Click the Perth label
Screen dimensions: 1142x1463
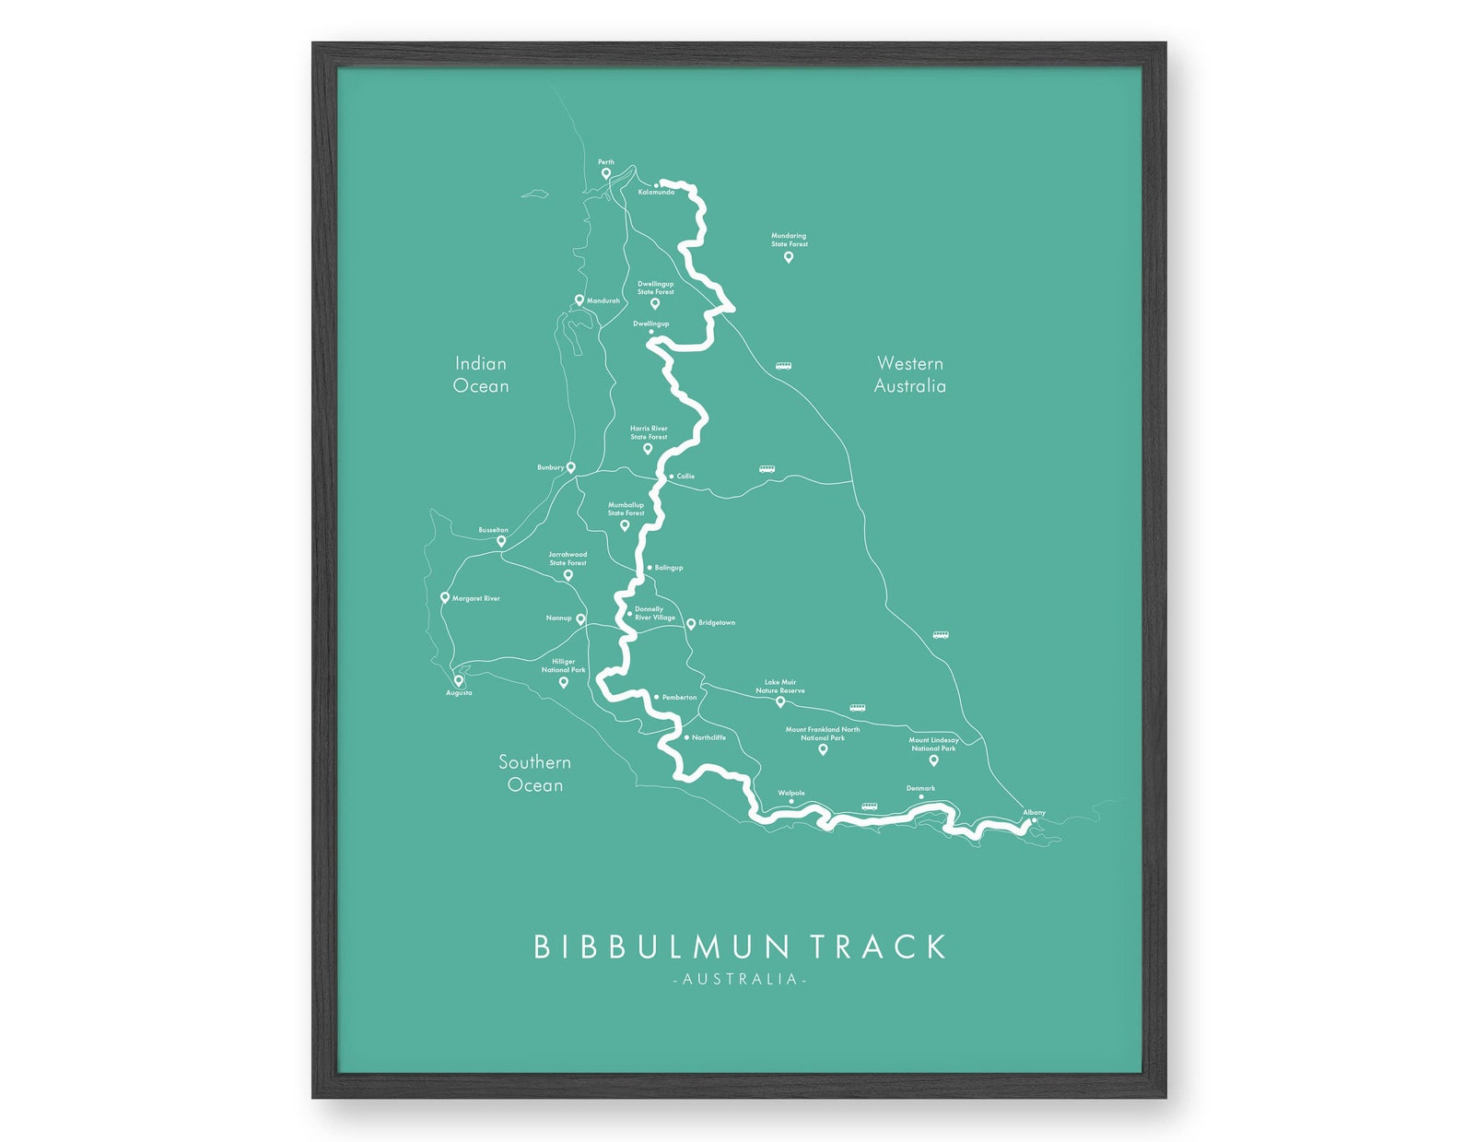[605, 162]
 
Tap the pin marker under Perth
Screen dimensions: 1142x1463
[606, 173]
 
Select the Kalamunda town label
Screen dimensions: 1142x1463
[656, 193]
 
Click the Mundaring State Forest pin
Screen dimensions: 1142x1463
[789, 257]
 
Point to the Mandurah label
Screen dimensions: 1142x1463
[603, 300]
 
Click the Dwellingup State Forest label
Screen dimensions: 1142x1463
[656, 288]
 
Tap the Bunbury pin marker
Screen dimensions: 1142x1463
[570, 467]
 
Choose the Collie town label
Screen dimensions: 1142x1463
[685, 477]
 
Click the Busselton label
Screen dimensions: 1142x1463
[493, 530]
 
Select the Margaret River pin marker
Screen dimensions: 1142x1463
[445, 597]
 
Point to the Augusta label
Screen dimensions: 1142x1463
[459, 693]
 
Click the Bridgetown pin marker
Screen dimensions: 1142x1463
[691, 624]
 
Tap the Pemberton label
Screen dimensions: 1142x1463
[679, 698]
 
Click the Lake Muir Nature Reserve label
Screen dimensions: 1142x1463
[780, 687]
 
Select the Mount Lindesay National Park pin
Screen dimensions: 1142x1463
[933, 760]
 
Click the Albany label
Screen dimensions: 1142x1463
[1034, 812]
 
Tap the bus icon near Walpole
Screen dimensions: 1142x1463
[869, 807]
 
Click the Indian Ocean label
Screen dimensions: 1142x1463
[481, 375]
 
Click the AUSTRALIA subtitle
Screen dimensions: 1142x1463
[740, 979]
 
